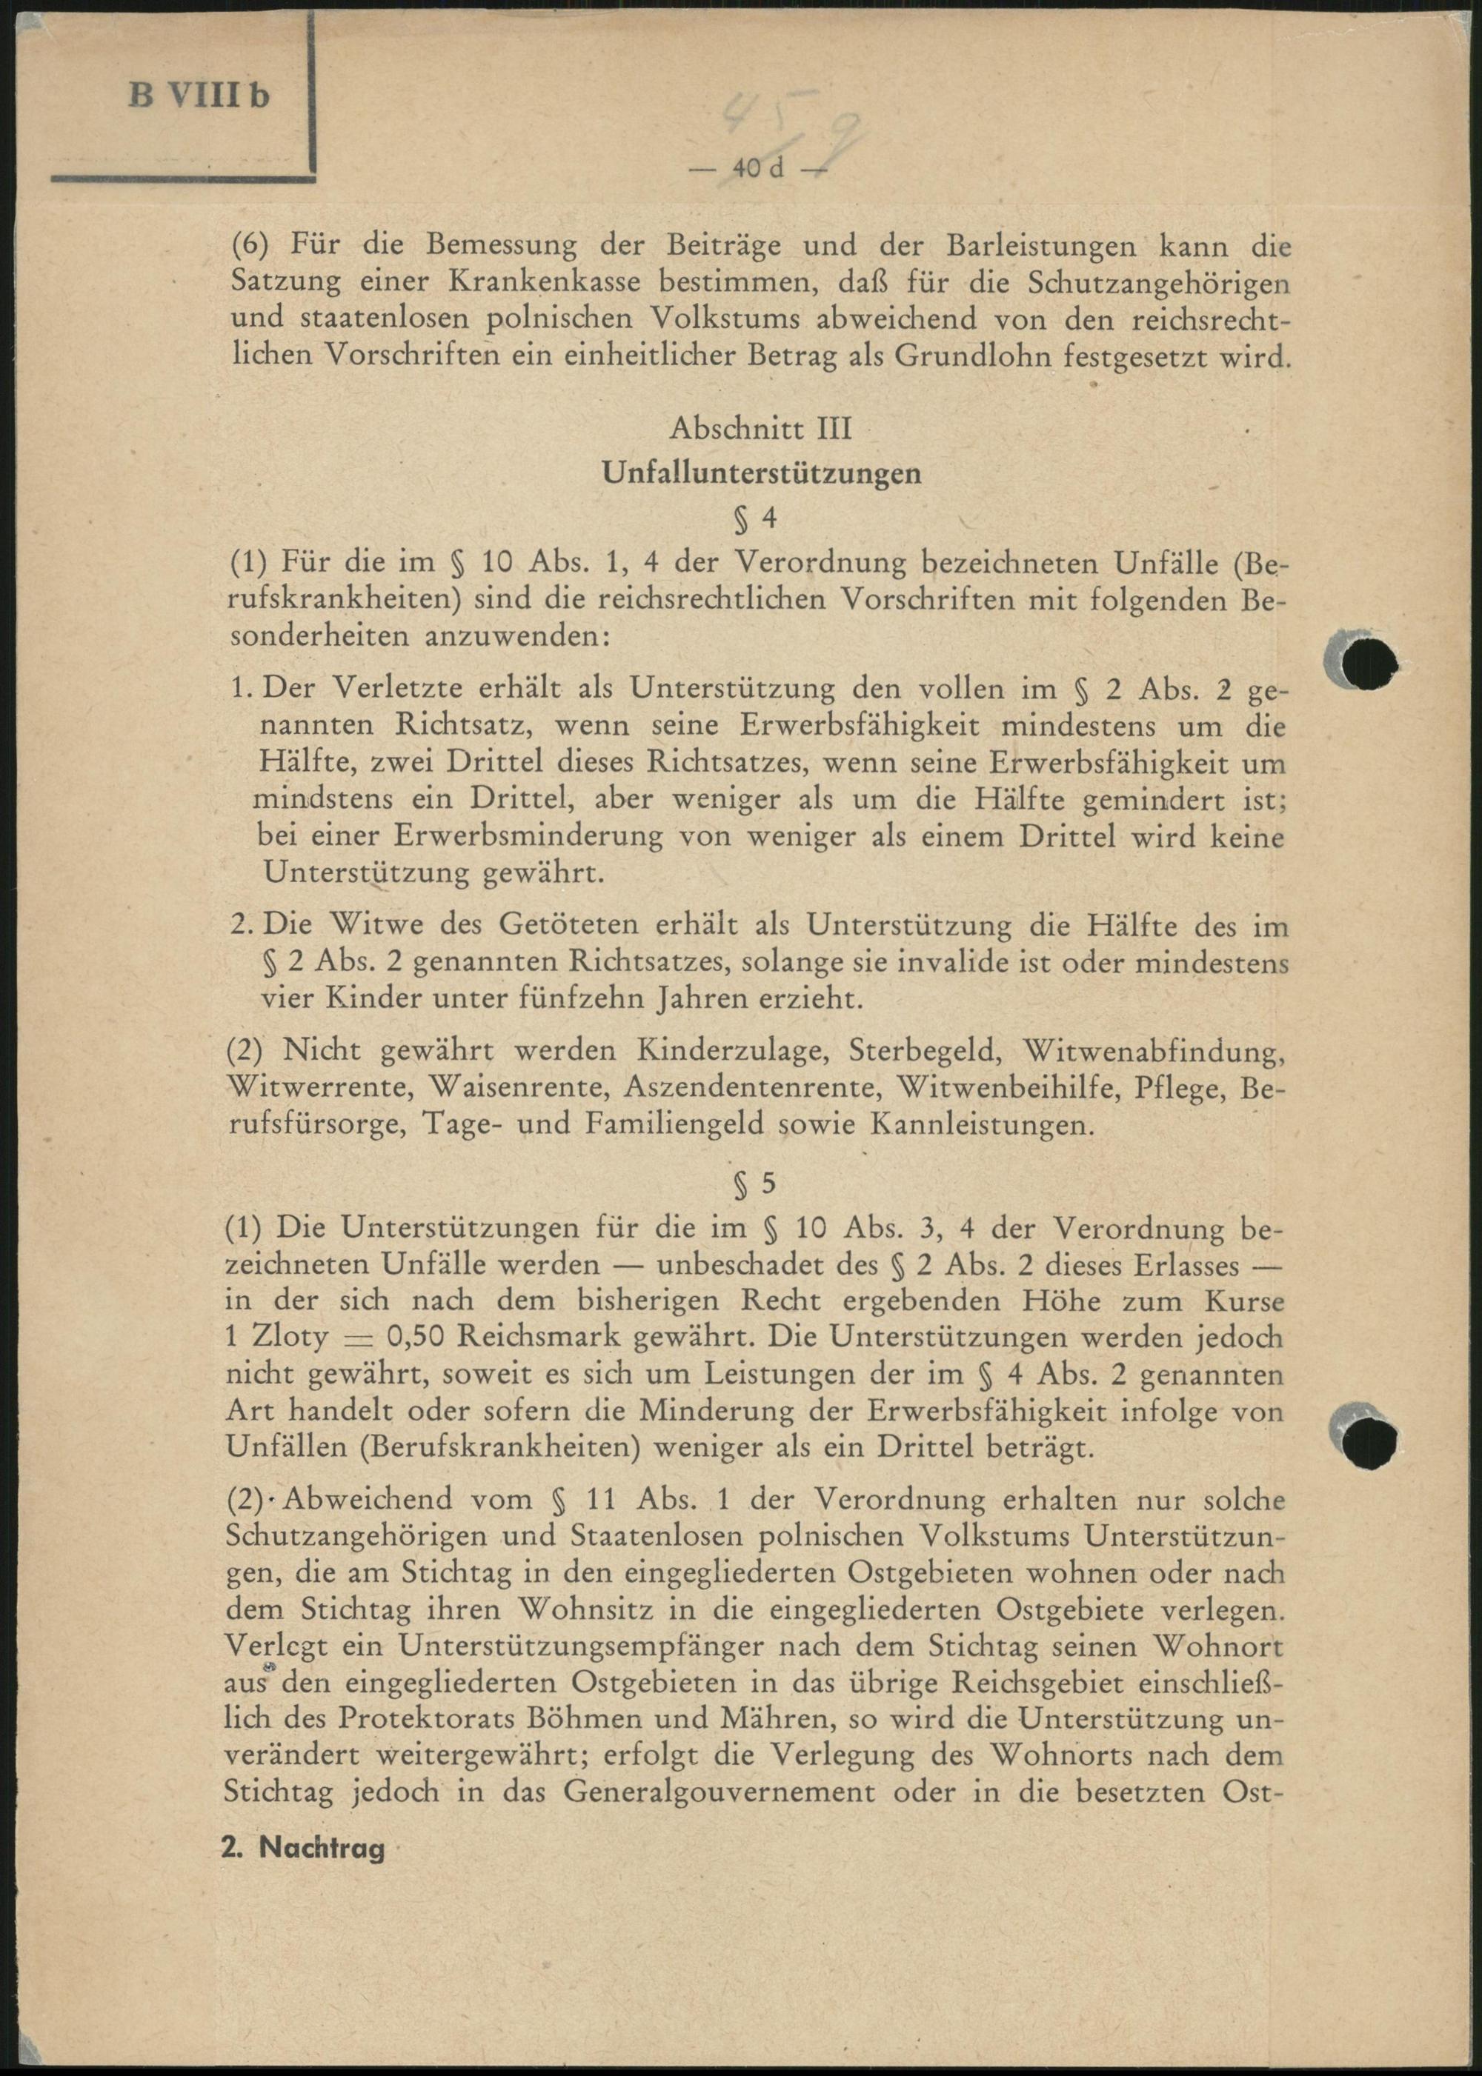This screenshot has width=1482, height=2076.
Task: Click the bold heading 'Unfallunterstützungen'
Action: click(x=761, y=473)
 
